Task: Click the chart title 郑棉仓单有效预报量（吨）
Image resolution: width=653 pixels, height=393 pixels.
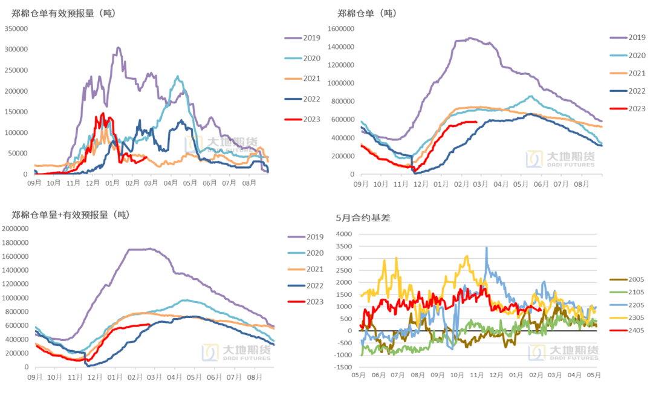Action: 63,13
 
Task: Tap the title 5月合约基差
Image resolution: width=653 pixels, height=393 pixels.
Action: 363,218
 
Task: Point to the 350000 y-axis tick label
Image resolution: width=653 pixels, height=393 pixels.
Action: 16,28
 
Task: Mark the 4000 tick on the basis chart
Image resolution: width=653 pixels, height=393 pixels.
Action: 344,234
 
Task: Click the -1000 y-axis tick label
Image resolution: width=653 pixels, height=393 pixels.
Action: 342,355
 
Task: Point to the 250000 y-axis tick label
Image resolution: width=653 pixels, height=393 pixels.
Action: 16,70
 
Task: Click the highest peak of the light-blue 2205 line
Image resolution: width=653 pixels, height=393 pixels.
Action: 487,247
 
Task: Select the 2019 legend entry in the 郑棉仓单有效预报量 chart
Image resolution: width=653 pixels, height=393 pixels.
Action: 302,38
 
